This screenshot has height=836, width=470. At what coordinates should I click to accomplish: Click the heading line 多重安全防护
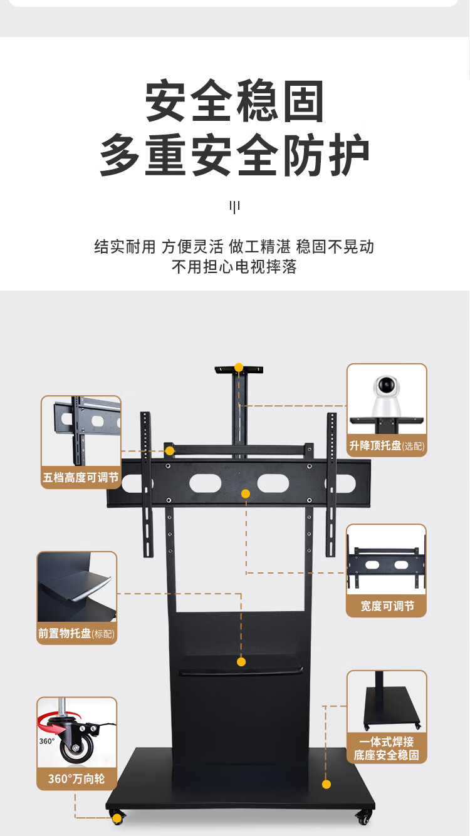[x=235, y=155]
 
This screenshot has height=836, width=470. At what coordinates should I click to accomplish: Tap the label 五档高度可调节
[x=81, y=478]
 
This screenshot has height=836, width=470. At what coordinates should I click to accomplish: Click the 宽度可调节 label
[x=387, y=606]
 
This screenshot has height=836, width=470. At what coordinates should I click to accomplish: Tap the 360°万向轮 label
[x=76, y=779]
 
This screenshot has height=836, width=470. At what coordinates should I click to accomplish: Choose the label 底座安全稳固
[x=387, y=755]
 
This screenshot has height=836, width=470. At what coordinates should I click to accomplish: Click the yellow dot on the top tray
[x=238, y=368]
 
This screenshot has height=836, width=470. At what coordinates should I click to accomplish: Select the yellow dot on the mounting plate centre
[x=246, y=494]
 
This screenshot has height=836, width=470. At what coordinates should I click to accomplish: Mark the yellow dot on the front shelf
[x=241, y=662]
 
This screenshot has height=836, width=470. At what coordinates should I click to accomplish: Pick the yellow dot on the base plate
[x=326, y=784]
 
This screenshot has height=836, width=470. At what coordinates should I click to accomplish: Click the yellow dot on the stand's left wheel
[x=117, y=818]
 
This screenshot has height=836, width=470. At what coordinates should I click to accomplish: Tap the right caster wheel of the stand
[x=363, y=817]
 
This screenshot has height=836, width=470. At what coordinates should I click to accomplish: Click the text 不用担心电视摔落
[x=234, y=267]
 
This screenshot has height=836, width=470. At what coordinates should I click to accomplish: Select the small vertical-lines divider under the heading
[x=234, y=207]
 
